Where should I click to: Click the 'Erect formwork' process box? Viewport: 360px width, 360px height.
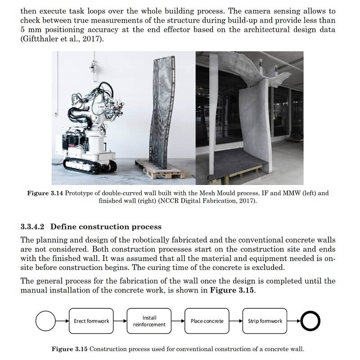pyautogui.click(x=91, y=321)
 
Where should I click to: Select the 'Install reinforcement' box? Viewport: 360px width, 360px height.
pyautogui.click(x=149, y=321)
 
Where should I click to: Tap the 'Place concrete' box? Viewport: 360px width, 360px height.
pyautogui.click(x=207, y=321)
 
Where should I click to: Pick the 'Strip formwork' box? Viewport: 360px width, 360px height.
pyautogui.click(x=265, y=321)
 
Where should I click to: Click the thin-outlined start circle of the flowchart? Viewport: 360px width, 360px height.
pyautogui.click(x=45, y=321)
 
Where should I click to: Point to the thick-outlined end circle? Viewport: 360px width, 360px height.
pyautogui.click(x=310, y=321)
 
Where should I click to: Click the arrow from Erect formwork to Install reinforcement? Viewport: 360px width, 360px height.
pyautogui.click(x=120, y=321)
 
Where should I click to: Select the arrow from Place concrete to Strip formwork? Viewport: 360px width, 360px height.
pyautogui.click(x=236, y=321)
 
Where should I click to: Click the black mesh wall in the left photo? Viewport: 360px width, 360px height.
pyautogui.click(x=163, y=112)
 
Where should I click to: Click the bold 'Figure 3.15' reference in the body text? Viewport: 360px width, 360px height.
pyautogui.click(x=232, y=290)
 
